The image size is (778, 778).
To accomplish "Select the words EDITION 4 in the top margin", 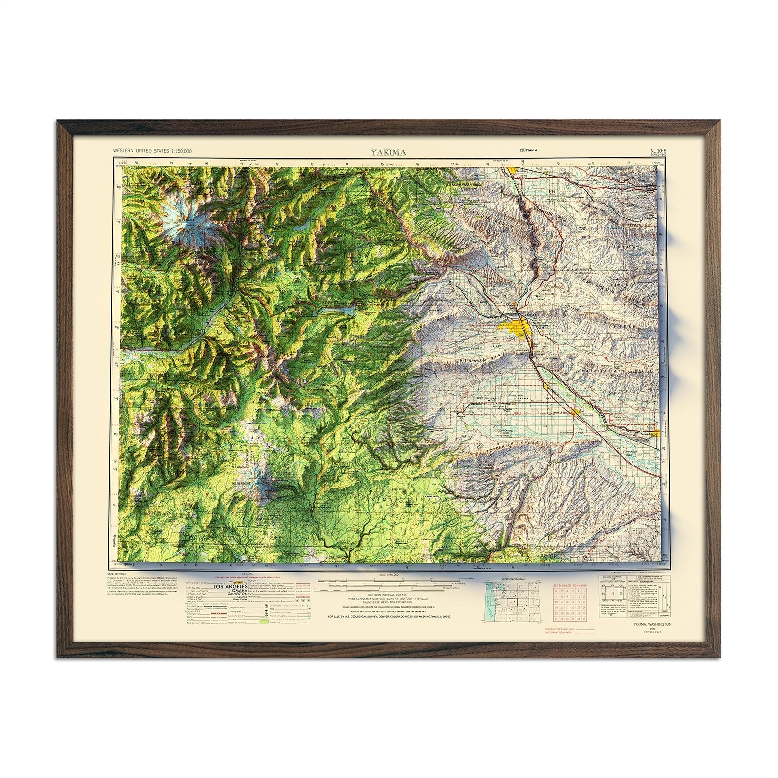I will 529,151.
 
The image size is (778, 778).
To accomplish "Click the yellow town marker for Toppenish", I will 576,412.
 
